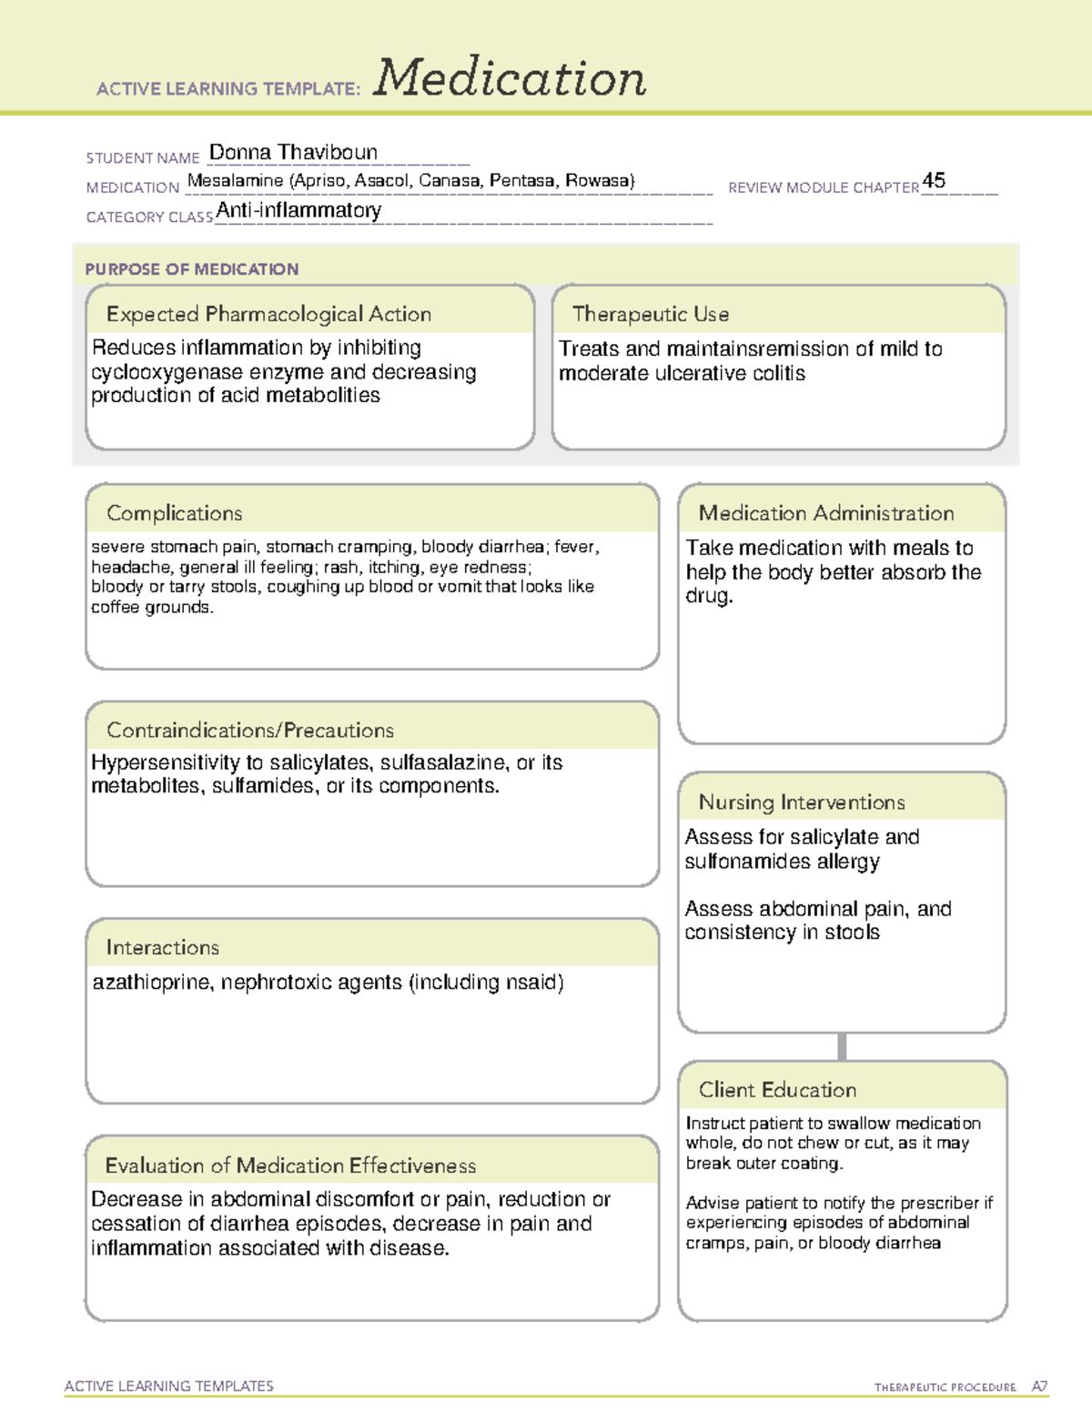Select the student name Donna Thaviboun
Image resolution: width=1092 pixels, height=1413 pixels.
293,152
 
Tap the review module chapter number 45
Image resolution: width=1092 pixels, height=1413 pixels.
934,180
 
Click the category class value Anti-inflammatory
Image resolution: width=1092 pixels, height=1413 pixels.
298,210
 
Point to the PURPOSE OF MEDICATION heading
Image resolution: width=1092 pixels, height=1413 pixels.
192,269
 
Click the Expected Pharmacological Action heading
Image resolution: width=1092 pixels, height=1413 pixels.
268,314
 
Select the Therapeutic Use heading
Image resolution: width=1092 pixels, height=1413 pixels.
651,314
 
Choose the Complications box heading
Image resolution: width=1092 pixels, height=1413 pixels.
175,513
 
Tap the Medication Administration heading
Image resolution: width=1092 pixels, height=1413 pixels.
826,513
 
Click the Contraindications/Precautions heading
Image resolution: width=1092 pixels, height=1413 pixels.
250,730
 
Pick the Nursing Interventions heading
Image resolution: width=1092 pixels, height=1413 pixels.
802,802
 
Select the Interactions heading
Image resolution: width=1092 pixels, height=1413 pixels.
163,947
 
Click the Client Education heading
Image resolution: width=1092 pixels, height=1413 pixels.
778,1090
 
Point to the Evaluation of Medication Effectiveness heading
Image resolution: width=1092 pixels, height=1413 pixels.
290,1166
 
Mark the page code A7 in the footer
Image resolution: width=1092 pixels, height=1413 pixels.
1039,1387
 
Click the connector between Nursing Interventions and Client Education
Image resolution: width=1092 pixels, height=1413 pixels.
842,1046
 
